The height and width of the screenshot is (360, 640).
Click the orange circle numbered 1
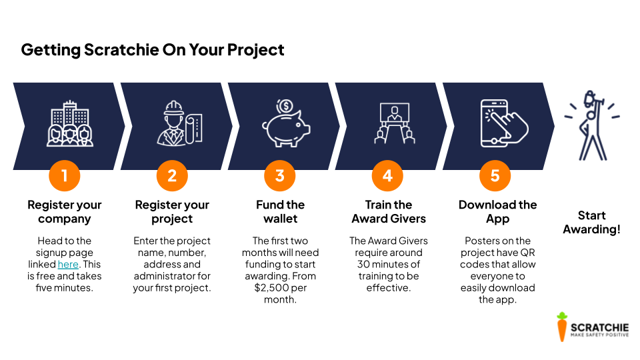point(65,175)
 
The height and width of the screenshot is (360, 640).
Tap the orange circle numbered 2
point(172,175)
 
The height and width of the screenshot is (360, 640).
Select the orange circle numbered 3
point(279,175)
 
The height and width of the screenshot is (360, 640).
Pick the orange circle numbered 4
point(387,175)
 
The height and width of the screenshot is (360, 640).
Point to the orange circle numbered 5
point(495,175)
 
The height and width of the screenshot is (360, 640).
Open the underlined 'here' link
point(68,265)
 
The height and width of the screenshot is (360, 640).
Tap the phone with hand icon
point(504,123)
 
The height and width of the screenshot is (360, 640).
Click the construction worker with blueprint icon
point(179,123)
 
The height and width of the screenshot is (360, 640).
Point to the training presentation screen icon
point(394,123)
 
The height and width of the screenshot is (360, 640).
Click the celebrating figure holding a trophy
point(592,125)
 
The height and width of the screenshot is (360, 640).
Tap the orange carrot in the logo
point(562,327)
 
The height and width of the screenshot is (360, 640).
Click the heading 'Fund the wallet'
point(281,211)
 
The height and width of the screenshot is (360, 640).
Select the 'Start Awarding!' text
point(592,222)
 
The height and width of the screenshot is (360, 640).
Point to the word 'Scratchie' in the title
point(121,50)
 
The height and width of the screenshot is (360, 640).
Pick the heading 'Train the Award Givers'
point(389,211)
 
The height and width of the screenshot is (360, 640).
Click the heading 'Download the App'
point(497,211)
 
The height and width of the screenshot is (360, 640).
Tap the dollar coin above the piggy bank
point(285,107)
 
